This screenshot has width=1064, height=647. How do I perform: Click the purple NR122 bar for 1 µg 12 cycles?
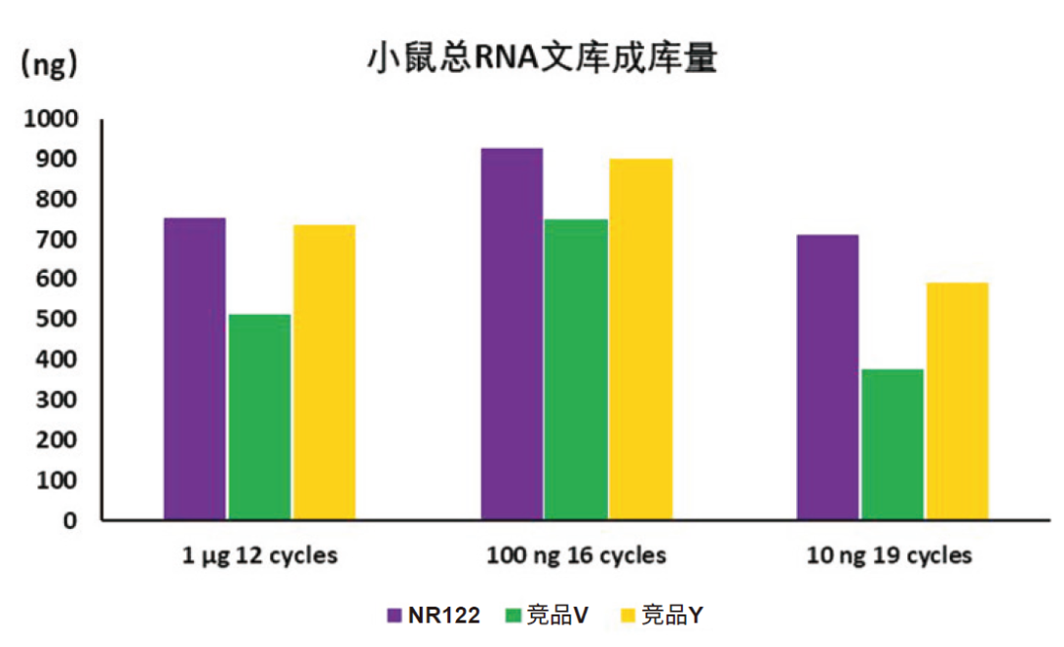[195, 368]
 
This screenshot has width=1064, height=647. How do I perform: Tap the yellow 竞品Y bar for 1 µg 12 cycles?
[324, 372]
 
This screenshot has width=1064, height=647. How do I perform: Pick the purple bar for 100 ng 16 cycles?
[511, 334]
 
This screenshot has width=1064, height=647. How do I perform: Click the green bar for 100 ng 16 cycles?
[575, 369]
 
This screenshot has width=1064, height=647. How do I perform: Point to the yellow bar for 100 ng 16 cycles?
[640, 339]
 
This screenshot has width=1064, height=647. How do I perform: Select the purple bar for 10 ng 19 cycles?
[828, 377]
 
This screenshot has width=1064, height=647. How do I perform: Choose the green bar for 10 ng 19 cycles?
[892, 444]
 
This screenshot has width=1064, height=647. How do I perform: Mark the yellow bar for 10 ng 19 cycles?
[957, 401]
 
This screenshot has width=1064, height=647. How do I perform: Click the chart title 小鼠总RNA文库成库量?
[542, 58]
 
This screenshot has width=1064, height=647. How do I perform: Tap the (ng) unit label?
[49, 65]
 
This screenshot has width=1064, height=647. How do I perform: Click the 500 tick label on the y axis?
[57, 320]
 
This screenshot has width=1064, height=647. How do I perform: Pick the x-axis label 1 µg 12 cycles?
[260, 556]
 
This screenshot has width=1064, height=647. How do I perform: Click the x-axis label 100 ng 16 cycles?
[576, 556]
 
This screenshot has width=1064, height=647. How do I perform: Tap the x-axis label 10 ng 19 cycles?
[890, 556]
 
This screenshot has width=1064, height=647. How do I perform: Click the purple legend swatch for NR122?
[394, 616]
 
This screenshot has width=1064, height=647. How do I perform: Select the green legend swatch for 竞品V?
[511, 616]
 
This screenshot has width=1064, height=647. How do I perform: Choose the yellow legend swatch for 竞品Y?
[627, 616]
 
